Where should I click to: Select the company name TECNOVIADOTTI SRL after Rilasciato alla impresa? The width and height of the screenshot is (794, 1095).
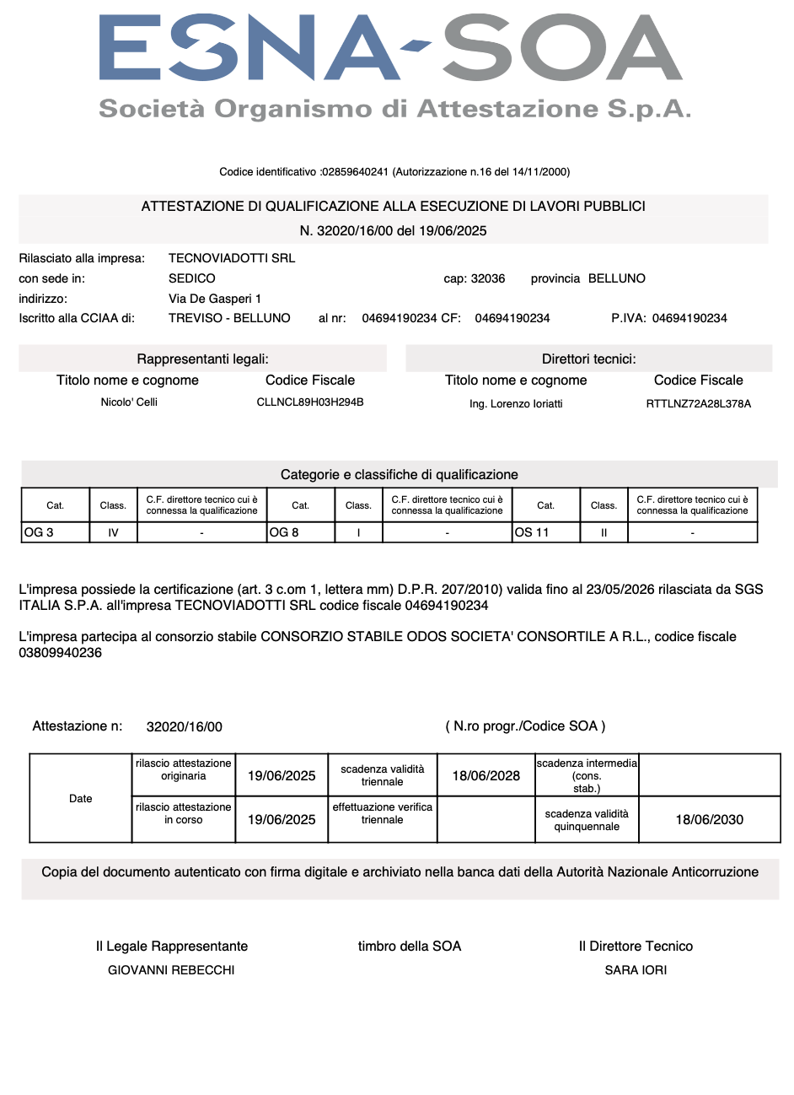click(x=232, y=258)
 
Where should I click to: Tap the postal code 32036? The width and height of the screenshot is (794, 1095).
click(x=488, y=278)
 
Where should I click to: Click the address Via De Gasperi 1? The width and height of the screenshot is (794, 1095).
click(x=215, y=299)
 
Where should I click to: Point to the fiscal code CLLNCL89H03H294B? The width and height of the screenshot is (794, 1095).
click(x=310, y=402)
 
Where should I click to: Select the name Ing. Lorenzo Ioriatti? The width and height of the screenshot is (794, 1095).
click(x=516, y=404)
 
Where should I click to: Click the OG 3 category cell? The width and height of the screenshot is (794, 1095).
click(x=55, y=532)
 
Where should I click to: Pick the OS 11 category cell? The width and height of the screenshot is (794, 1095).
click(x=545, y=532)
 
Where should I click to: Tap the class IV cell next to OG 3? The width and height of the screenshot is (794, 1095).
click(x=113, y=532)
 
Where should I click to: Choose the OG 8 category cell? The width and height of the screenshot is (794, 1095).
click(x=301, y=532)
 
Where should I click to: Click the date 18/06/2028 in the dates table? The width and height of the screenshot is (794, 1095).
click(x=486, y=776)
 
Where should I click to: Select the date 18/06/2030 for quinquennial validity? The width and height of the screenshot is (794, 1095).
click(x=710, y=820)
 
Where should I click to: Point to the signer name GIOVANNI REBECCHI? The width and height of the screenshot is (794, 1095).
click(x=171, y=970)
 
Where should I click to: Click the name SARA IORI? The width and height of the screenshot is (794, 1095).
click(x=636, y=970)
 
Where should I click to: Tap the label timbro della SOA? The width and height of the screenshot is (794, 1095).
click(x=410, y=947)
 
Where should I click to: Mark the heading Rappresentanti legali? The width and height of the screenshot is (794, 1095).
click(x=202, y=359)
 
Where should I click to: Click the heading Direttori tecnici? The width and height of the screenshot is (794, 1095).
click(x=588, y=359)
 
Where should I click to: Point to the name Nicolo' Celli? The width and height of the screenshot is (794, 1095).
click(x=129, y=402)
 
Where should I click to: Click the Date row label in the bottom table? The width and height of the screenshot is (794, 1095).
click(x=81, y=798)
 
